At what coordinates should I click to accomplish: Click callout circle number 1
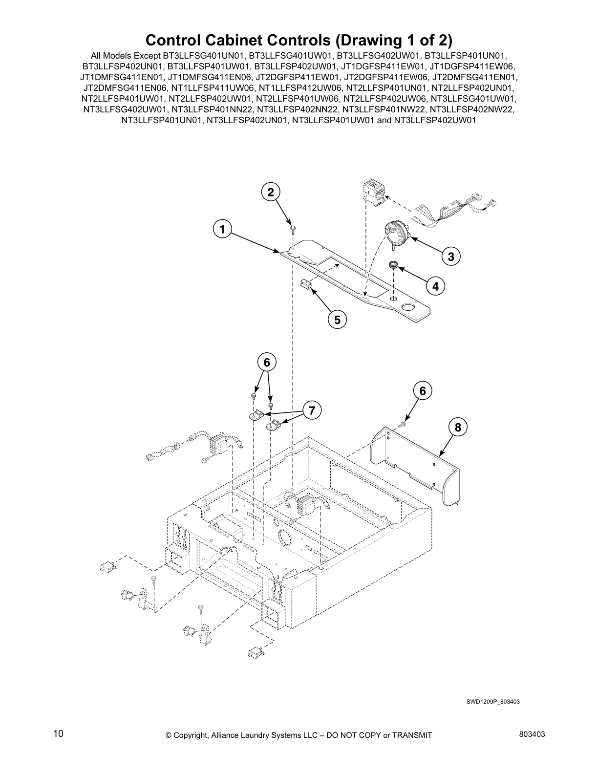pos(222,229)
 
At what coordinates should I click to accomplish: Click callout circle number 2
pos(271,192)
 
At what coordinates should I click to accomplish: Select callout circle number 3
pos(451,256)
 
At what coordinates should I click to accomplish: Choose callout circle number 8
pos(458,428)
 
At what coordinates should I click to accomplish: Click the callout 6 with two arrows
pos(267,363)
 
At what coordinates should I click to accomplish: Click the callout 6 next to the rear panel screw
pos(423,390)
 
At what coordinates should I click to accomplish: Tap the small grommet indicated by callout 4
pos(394,265)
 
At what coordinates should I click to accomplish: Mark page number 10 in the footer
pos(58,733)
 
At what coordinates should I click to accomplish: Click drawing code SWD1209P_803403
pos(492,702)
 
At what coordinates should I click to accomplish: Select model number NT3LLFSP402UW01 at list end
pos(435,120)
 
